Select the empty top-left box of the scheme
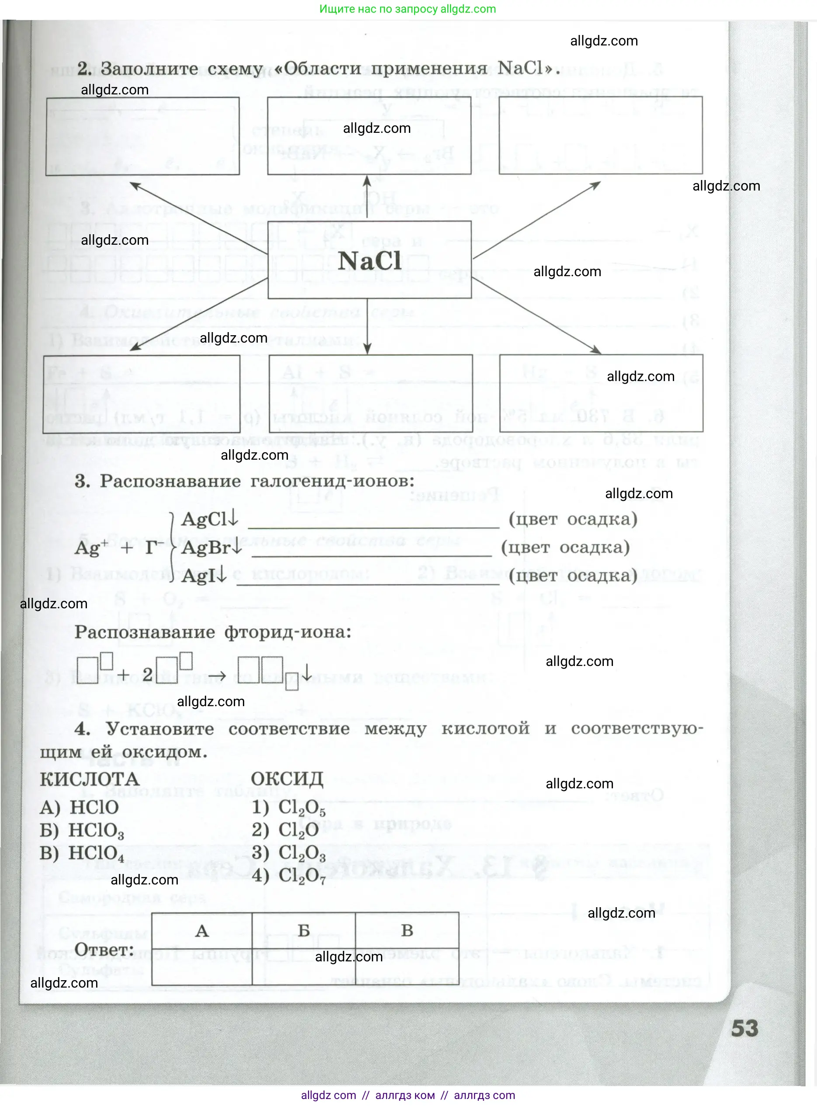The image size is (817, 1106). click(142, 136)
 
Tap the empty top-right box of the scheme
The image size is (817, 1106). click(600, 135)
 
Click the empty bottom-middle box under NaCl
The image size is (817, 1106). click(370, 393)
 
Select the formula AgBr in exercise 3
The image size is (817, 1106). click(206, 548)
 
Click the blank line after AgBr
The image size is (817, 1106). click(371, 551)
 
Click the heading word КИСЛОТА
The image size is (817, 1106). click(90, 779)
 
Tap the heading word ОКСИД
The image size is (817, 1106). click(287, 779)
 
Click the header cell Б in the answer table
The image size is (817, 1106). click(304, 930)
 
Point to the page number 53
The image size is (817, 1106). click(744, 1029)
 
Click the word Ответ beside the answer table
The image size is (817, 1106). click(104, 950)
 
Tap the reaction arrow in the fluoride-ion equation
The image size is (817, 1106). click(217, 675)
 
